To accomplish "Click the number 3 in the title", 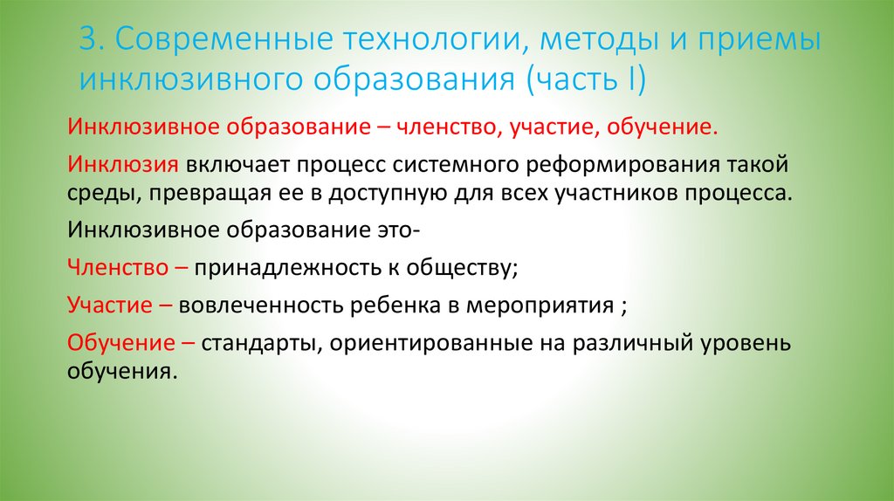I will (86, 41).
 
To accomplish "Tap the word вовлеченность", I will (259, 305).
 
